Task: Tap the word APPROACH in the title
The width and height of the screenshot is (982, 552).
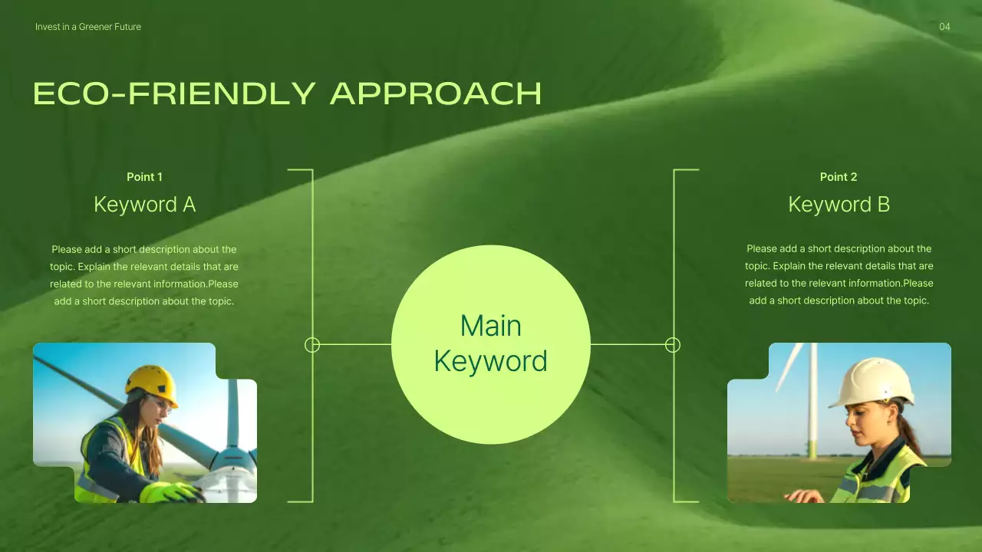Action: [x=436, y=94]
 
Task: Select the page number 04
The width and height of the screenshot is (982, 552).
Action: [x=944, y=27]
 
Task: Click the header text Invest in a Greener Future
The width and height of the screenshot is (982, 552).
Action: [x=88, y=27]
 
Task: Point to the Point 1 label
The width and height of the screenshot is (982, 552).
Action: [x=144, y=177]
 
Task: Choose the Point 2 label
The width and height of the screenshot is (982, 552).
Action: [x=839, y=177]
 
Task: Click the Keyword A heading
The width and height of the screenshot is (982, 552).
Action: [x=144, y=205]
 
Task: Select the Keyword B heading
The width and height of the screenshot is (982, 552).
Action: [x=839, y=205]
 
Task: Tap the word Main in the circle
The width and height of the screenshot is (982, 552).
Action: [x=490, y=326]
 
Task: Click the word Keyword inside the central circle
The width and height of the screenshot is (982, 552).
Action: [x=490, y=361]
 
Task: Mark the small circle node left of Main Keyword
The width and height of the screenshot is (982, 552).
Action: [x=312, y=345]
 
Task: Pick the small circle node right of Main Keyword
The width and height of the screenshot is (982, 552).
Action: [x=673, y=345]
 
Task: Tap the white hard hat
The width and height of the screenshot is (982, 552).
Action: [x=872, y=381]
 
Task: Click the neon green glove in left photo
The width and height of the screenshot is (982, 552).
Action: [x=170, y=492]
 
